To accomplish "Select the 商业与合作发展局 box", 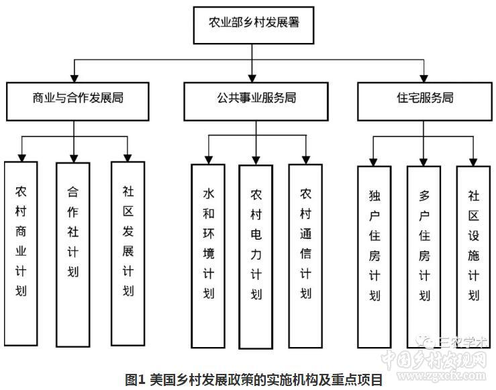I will point(78,99).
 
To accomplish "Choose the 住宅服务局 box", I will point(424,99).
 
